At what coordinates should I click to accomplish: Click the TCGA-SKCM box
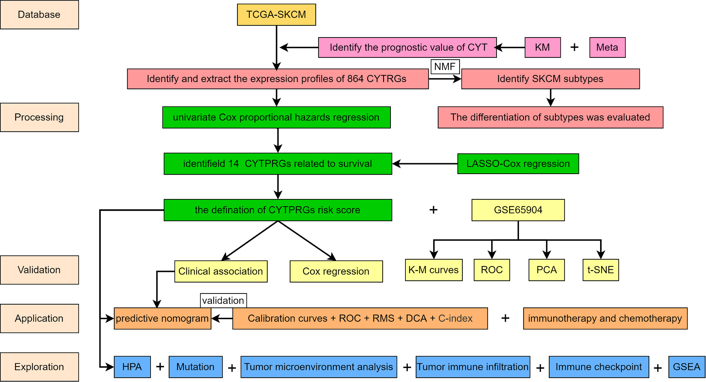pos(276,15)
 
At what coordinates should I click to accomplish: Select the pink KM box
pos(543,48)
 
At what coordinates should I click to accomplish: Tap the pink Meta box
pos(607,48)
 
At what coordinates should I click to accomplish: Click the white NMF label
pos(445,67)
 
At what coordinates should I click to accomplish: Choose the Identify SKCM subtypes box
pos(550,79)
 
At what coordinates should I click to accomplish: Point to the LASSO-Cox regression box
pos(518,164)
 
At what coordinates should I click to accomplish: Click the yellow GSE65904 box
pos(518,210)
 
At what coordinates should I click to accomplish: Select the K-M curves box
pos(434,270)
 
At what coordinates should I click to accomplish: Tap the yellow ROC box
pos(492,270)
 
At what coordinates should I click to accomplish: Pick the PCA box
pos(546,270)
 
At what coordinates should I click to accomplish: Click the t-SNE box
pos(601,270)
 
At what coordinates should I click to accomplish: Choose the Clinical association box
pos(221,271)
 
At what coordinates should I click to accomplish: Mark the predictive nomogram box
pos(162,318)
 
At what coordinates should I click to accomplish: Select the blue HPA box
pos(132,367)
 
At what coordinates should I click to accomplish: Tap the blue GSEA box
pos(687,367)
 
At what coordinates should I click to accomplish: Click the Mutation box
pos(195,367)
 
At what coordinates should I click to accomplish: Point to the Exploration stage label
pos(39,367)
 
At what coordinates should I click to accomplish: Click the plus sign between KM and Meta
pos(575,48)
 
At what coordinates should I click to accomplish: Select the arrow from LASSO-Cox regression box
pos(425,164)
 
